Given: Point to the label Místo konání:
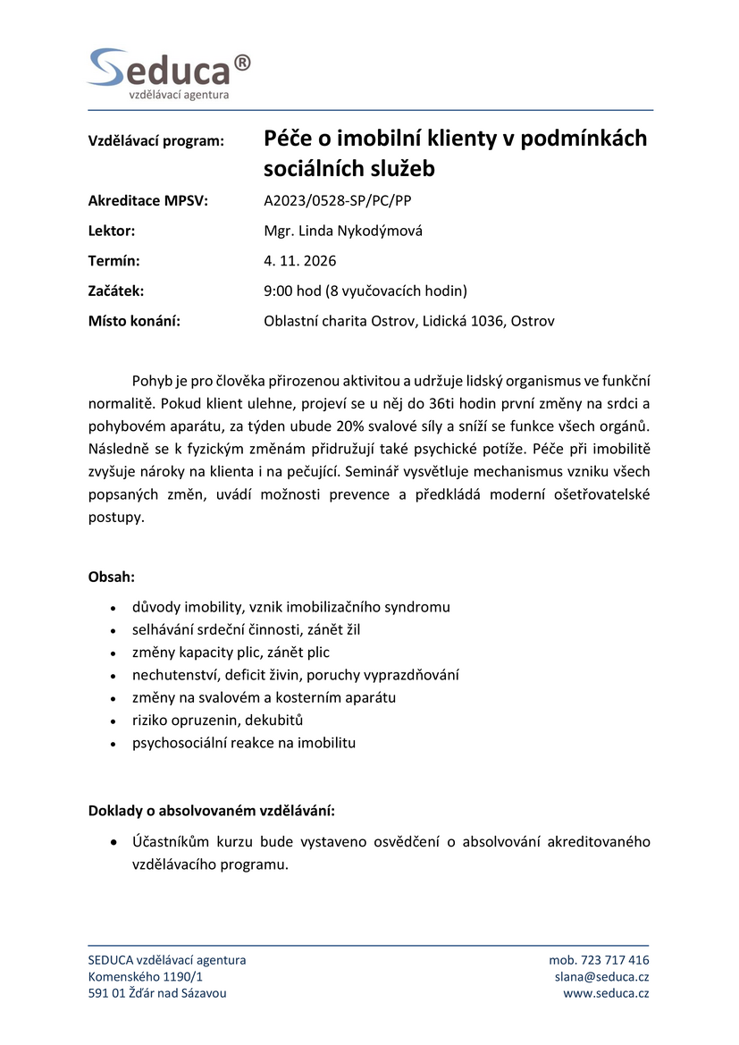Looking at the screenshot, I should [134, 321].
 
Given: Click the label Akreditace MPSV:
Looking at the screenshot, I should [147, 201].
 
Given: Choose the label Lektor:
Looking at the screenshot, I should [112, 231].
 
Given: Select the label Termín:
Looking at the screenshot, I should [114, 261].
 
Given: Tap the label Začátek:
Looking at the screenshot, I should [116, 291].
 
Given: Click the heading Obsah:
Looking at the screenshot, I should [112, 577].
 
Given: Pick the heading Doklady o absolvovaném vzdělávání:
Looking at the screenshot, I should [212, 811].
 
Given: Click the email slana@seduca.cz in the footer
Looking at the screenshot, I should [601, 976].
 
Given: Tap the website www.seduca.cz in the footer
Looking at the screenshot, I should [606, 993].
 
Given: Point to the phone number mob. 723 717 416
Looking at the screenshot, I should [599, 960].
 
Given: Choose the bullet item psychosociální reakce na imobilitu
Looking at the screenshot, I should [244, 742].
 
